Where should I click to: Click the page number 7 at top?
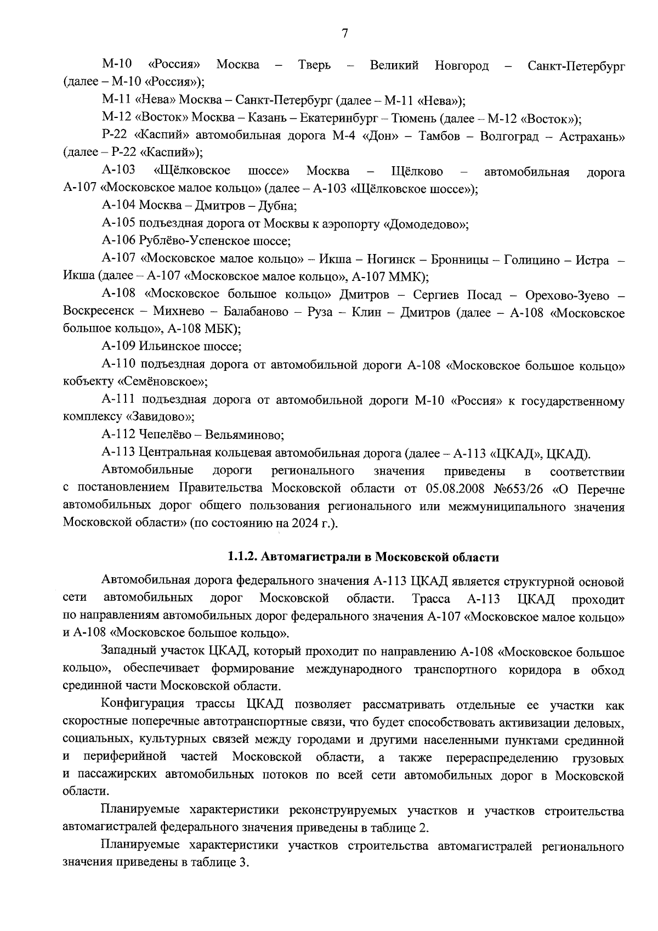[344, 34]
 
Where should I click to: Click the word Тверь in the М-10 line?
[314, 65]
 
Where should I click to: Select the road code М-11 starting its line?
[116, 101]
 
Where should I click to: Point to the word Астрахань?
[592, 136]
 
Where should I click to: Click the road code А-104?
[118, 206]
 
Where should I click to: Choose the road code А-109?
[118, 346]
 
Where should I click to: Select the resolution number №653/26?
[520, 488]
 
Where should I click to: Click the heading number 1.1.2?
[243, 557]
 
